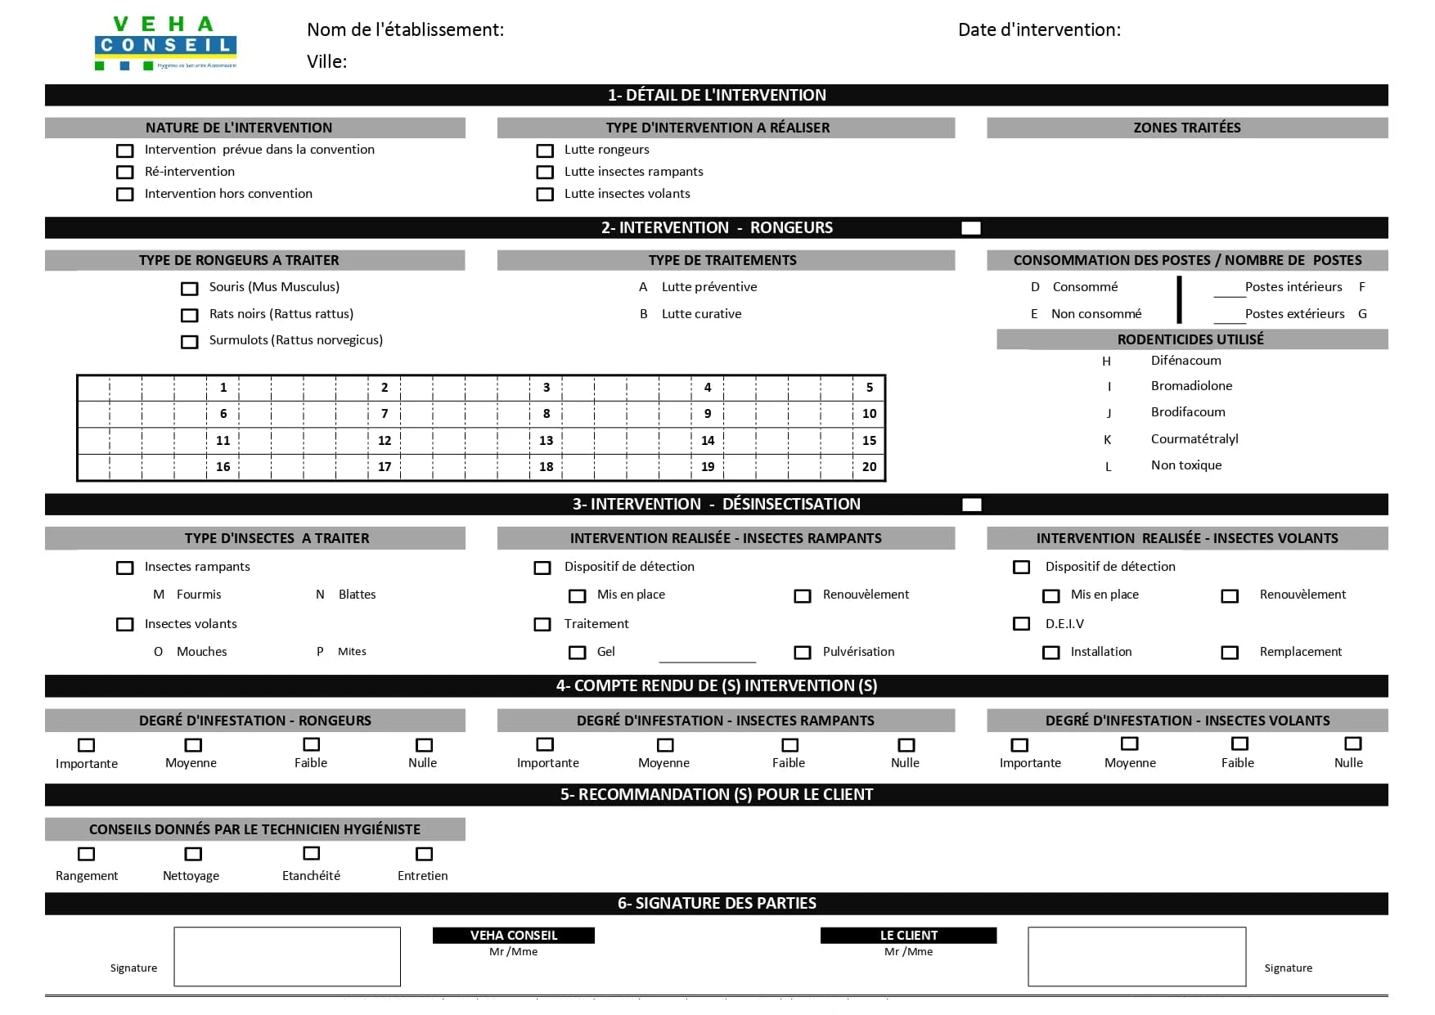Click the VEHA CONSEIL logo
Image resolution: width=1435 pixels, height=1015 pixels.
166,43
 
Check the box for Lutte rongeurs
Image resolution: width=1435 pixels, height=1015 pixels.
545,150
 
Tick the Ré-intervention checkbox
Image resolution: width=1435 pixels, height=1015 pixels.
125,173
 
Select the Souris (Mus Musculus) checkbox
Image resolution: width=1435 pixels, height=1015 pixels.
190,289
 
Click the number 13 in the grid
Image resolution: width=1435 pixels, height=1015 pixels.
546,441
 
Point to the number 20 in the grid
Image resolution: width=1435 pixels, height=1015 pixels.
869,467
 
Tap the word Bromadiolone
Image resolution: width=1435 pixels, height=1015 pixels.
1191,386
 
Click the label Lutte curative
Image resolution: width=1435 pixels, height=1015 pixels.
701,314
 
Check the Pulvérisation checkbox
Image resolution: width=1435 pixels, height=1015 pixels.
803,653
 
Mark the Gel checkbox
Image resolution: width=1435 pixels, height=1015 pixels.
578,653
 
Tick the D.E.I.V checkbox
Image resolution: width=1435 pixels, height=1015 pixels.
1022,624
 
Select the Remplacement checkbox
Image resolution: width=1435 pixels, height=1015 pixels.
1230,653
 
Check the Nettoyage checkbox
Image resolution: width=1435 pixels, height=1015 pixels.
193,854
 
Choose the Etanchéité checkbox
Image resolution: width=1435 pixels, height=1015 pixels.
312,853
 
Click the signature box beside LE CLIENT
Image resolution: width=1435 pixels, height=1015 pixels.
1136,957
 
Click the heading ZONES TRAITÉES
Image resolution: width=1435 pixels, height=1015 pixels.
1186,128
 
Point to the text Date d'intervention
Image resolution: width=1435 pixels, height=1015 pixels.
1039,30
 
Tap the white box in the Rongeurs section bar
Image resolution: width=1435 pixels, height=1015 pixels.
971,228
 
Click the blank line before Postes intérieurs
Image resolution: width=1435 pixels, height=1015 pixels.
1229,292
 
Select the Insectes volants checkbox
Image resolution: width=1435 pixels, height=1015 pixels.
125,625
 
